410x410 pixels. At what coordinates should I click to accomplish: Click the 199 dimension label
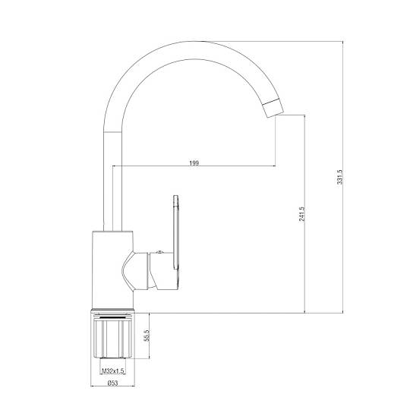[194, 163]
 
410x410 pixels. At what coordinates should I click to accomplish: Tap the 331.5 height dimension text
[339, 177]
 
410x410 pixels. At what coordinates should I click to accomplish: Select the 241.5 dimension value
[301, 214]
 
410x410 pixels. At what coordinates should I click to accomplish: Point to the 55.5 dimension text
[147, 336]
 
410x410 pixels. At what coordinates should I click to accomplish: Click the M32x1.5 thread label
[112, 371]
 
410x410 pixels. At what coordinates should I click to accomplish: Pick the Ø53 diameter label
[112, 383]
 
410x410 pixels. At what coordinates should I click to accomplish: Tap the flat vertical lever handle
[176, 232]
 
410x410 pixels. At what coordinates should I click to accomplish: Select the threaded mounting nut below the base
[113, 336]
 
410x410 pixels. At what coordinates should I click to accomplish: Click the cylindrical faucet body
[113, 270]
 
